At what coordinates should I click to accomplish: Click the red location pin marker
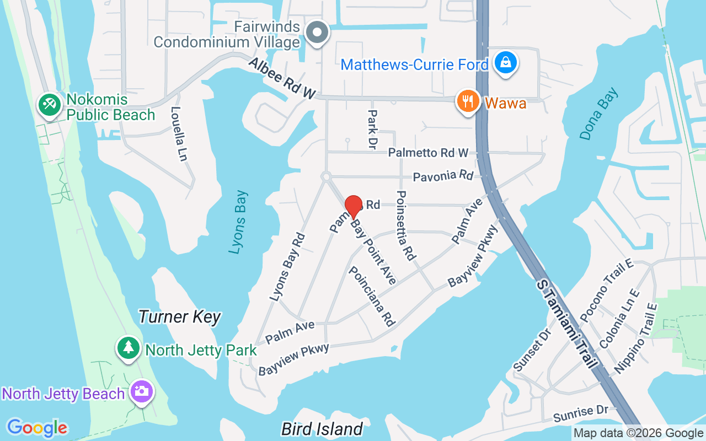click(x=353, y=206)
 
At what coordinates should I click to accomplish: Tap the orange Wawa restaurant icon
click(x=468, y=102)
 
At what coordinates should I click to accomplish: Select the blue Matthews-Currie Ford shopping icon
click(x=505, y=63)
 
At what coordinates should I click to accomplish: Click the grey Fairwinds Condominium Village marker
click(x=317, y=33)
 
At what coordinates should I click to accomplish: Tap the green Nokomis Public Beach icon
click(x=50, y=105)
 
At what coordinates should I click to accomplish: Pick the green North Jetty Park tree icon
click(x=129, y=347)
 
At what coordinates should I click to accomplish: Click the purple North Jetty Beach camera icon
click(x=142, y=392)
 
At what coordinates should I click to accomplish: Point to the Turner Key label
click(x=179, y=317)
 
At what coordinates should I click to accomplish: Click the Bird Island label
click(x=322, y=429)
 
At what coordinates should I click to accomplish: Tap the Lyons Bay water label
click(x=238, y=222)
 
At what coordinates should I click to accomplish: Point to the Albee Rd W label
click(x=282, y=79)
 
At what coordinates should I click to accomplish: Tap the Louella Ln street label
click(x=179, y=134)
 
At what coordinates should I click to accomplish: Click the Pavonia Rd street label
click(x=443, y=176)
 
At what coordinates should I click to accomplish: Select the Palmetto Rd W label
click(x=428, y=153)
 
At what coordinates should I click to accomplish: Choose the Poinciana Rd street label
click(x=372, y=297)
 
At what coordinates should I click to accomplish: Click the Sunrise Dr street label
click(x=581, y=414)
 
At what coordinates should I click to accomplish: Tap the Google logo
click(x=37, y=428)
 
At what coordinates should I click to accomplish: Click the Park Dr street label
click(x=372, y=128)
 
